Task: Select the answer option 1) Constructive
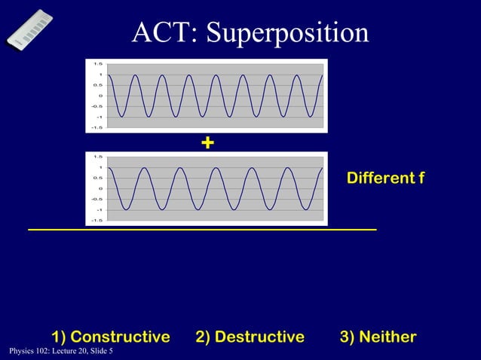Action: (110, 336)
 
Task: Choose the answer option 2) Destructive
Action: (250, 336)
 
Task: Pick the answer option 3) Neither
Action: (378, 336)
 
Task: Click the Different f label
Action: (385, 178)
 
